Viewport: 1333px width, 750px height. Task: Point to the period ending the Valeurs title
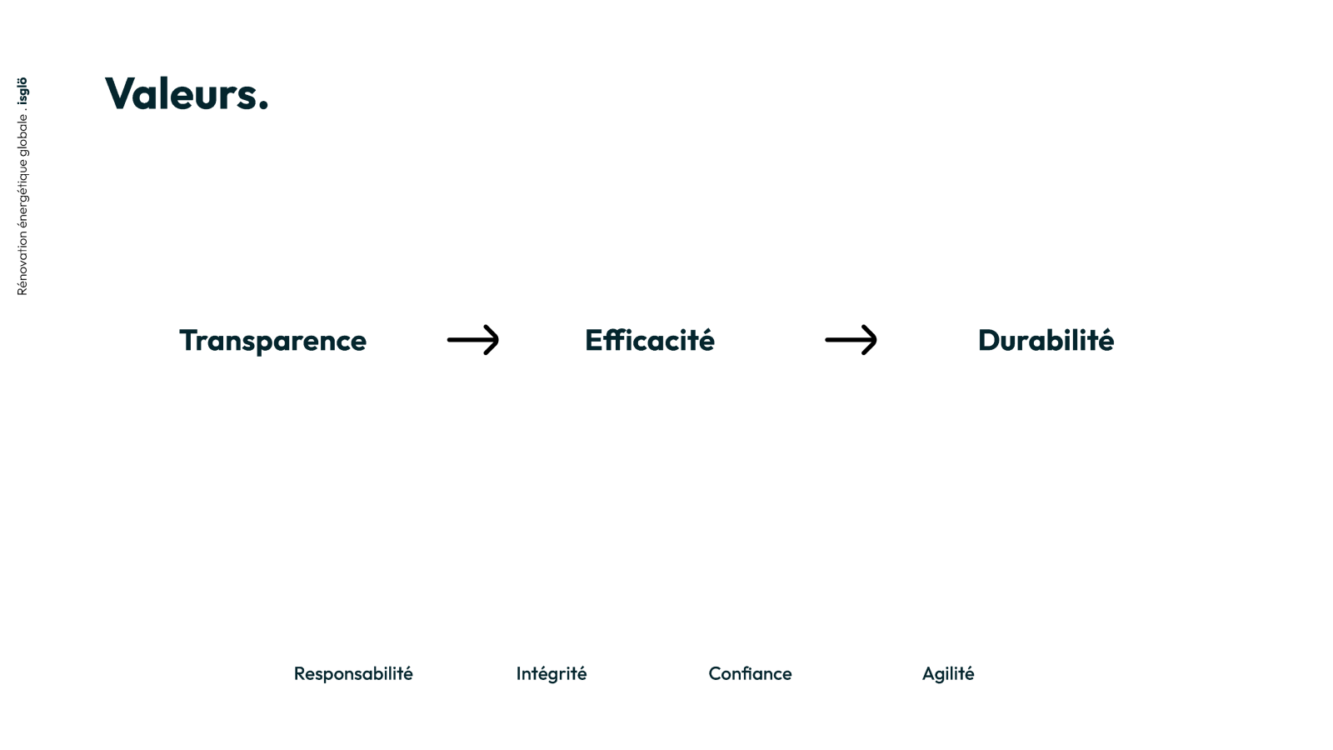coord(263,106)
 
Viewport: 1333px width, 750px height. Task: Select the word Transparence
coord(273,341)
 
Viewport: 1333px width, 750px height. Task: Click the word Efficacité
coord(650,340)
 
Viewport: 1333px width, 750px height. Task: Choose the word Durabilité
coord(1046,340)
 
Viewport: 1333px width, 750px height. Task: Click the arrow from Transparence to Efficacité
coord(473,340)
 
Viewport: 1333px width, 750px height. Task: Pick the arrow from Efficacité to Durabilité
coord(851,340)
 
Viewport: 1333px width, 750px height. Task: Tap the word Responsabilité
coord(353,674)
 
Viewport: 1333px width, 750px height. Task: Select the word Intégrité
coord(552,674)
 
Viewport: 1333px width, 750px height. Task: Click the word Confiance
coord(750,674)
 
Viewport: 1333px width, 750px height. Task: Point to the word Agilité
coord(948,674)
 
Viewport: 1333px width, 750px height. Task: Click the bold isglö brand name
coord(22,91)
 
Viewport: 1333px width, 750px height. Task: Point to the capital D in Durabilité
coord(989,341)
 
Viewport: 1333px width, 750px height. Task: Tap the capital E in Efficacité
coord(594,341)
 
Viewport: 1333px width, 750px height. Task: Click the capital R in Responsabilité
coord(300,674)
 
